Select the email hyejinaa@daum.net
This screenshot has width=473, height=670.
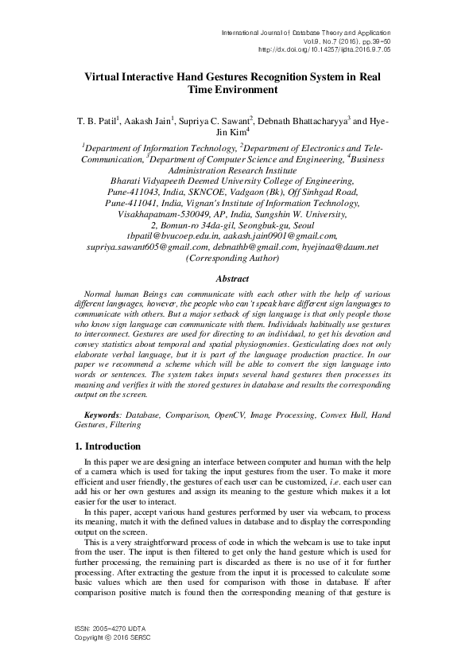pos(342,247)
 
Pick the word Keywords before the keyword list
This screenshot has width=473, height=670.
pos(102,415)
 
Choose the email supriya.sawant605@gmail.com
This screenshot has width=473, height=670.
pos(145,247)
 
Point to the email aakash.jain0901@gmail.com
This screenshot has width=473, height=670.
pos(279,236)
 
